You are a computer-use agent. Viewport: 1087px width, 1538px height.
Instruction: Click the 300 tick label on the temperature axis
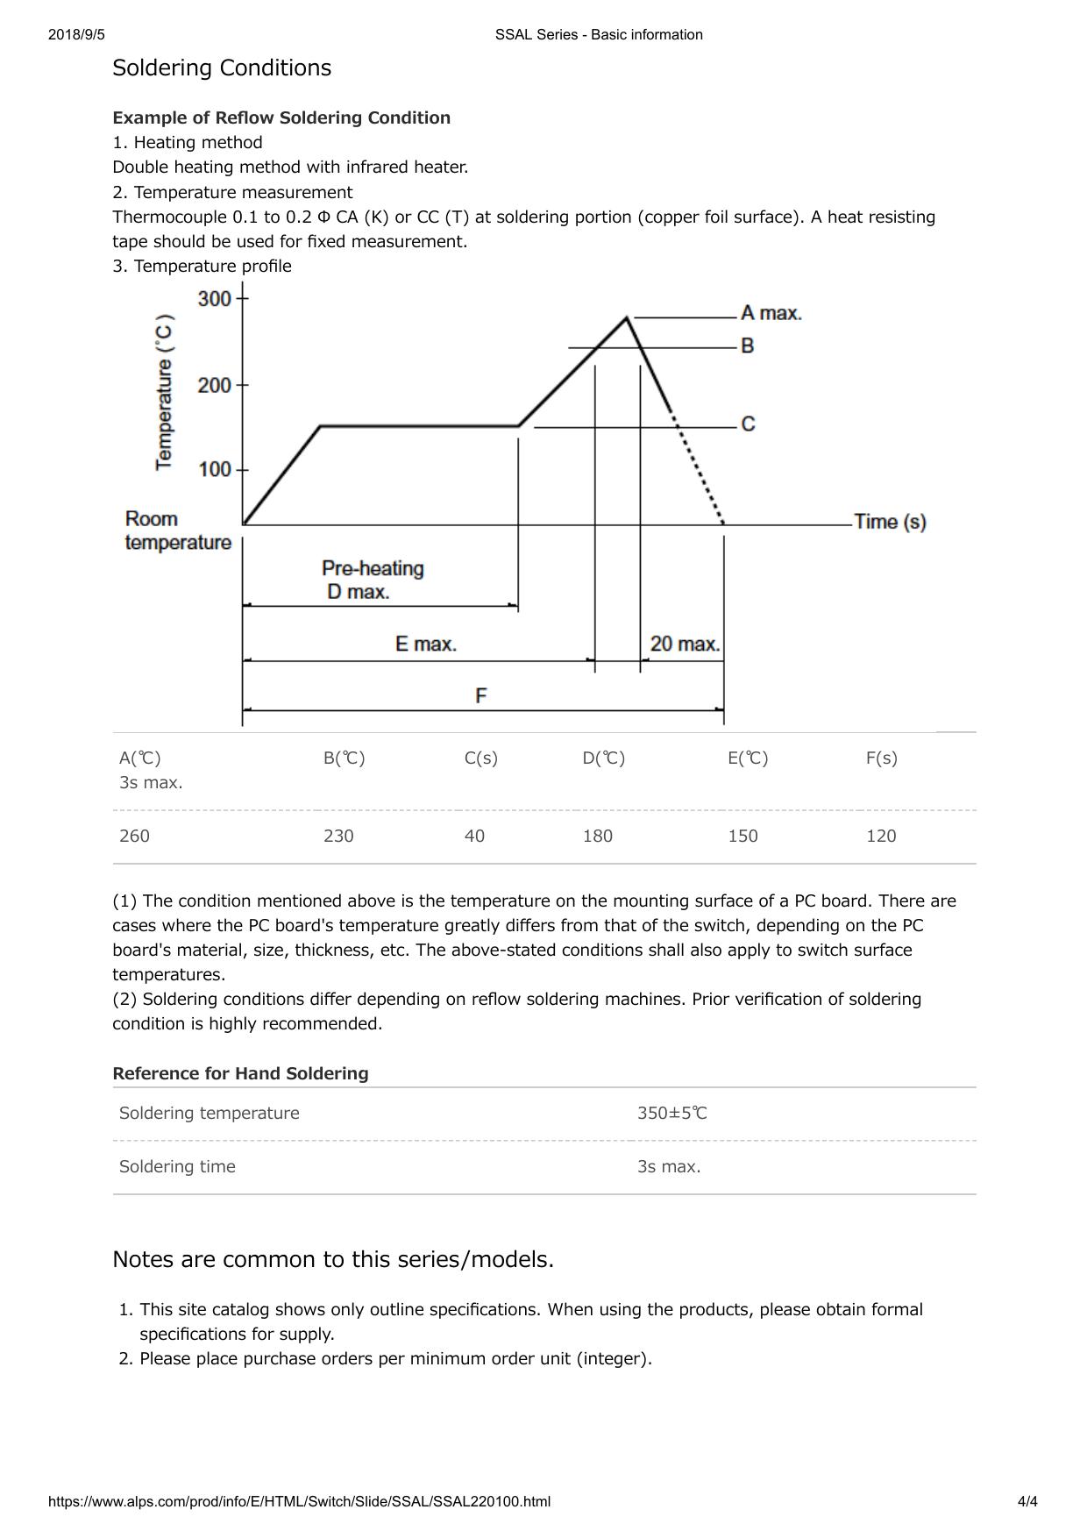[x=215, y=299]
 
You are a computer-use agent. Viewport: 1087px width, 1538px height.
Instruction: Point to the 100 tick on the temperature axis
[x=215, y=470]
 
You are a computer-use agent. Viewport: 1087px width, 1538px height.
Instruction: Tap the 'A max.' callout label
[x=771, y=313]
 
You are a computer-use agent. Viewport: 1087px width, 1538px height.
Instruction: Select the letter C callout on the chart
[x=748, y=424]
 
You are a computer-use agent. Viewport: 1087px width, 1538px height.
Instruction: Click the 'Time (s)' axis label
[x=890, y=522]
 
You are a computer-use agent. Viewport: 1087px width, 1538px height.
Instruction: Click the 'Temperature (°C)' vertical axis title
[x=165, y=392]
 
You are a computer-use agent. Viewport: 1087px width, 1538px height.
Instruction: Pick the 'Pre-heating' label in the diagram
[x=373, y=568]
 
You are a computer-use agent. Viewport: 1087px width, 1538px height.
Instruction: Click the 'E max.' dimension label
[x=426, y=644]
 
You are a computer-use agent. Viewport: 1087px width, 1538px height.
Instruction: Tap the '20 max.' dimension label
[x=685, y=644]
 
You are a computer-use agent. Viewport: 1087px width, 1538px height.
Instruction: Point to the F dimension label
[x=481, y=696]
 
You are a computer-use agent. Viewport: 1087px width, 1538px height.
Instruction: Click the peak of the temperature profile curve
[x=627, y=317]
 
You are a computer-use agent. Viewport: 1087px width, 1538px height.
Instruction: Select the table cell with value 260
[x=134, y=837]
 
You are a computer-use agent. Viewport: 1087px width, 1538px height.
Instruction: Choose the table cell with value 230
[x=338, y=837]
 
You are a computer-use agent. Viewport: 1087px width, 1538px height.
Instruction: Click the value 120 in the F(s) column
[x=881, y=837]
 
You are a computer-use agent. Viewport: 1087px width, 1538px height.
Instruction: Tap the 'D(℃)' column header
[x=604, y=758]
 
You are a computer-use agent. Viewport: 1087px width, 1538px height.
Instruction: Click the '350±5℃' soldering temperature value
[x=672, y=1114]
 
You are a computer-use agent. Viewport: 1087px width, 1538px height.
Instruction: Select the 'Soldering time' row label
[x=177, y=1167]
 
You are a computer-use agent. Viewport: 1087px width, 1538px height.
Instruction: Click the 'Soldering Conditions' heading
[x=222, y=68]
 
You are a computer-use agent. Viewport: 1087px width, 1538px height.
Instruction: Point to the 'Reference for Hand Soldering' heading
[x=240, y=1074]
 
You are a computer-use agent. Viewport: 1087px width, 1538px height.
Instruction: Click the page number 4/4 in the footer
[x=1027, y=1502]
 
